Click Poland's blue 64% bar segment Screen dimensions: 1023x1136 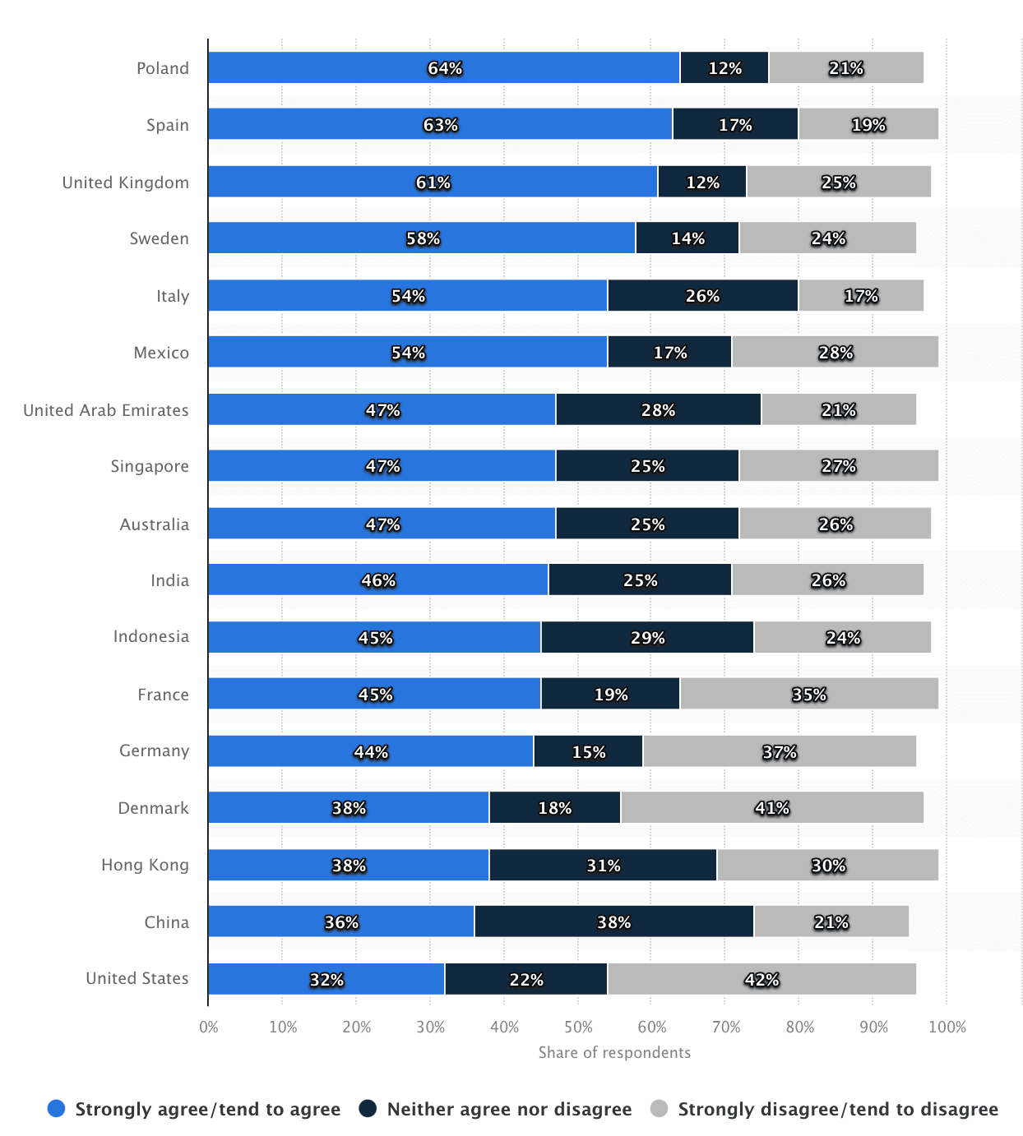pyautogui.click(x=444, y=67)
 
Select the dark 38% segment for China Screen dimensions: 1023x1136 pyautogui.click(x=613, y=921)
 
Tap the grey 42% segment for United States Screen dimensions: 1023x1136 pyautogui.click(x=761, y=979)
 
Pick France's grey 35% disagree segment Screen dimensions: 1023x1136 pyautogui.click(x=808, y=694)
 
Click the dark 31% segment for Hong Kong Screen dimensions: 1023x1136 pyautogui.click(x=603, y=865)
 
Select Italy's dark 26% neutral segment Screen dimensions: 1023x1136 pyautogui.click(x=703, y=295)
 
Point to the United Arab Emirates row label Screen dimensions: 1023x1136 pyautogui.click(x=106, y=410)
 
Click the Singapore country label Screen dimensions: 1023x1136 pyautogui.click(x=150, y=466)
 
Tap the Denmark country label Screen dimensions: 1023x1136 pyautogui.click(x=153, y=807)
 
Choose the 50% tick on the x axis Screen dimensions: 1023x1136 pyautogui.click(x=578, y=1027)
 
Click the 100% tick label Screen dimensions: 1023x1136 pyautogui.click(x=947, y=1027)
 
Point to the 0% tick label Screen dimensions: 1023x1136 pyautogui.click(x=209, y=1027)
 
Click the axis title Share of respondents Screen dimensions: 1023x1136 pyautogui.click(x=614, y=1052)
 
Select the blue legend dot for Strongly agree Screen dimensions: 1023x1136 pyautogui.click(x=56, y=1108)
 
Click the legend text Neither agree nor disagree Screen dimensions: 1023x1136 pyautogui.click(x=509, y=1109)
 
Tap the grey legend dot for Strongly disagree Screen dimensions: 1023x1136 pyautogui.click(x=660, y=1108)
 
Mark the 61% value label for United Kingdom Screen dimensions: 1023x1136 pyautogui.click(x=433, y=182)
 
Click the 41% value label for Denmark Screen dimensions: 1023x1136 pyautogui.click(x=772, y=807)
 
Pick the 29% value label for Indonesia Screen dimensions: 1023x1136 pyautogui.click(x=648, y=638)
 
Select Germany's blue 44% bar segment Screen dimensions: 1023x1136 pyautogui.click(x=371, y=751)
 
